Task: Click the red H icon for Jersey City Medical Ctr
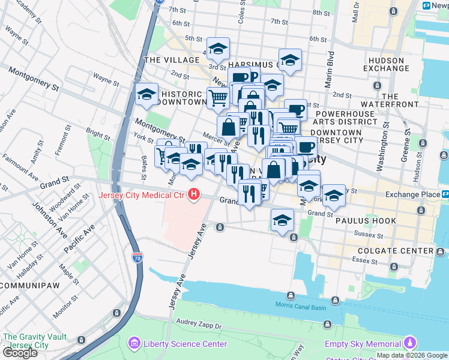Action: pyautogui.click(x=194, y=194)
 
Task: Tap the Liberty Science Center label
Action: pyautogui.click(x=184, y=344)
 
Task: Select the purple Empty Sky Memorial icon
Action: pyautogui.click(x=409, y=343)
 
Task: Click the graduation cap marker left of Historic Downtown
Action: pyautogui.click(x=146, y=94)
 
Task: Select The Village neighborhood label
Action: pyautogui.click(x=172, y=60)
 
